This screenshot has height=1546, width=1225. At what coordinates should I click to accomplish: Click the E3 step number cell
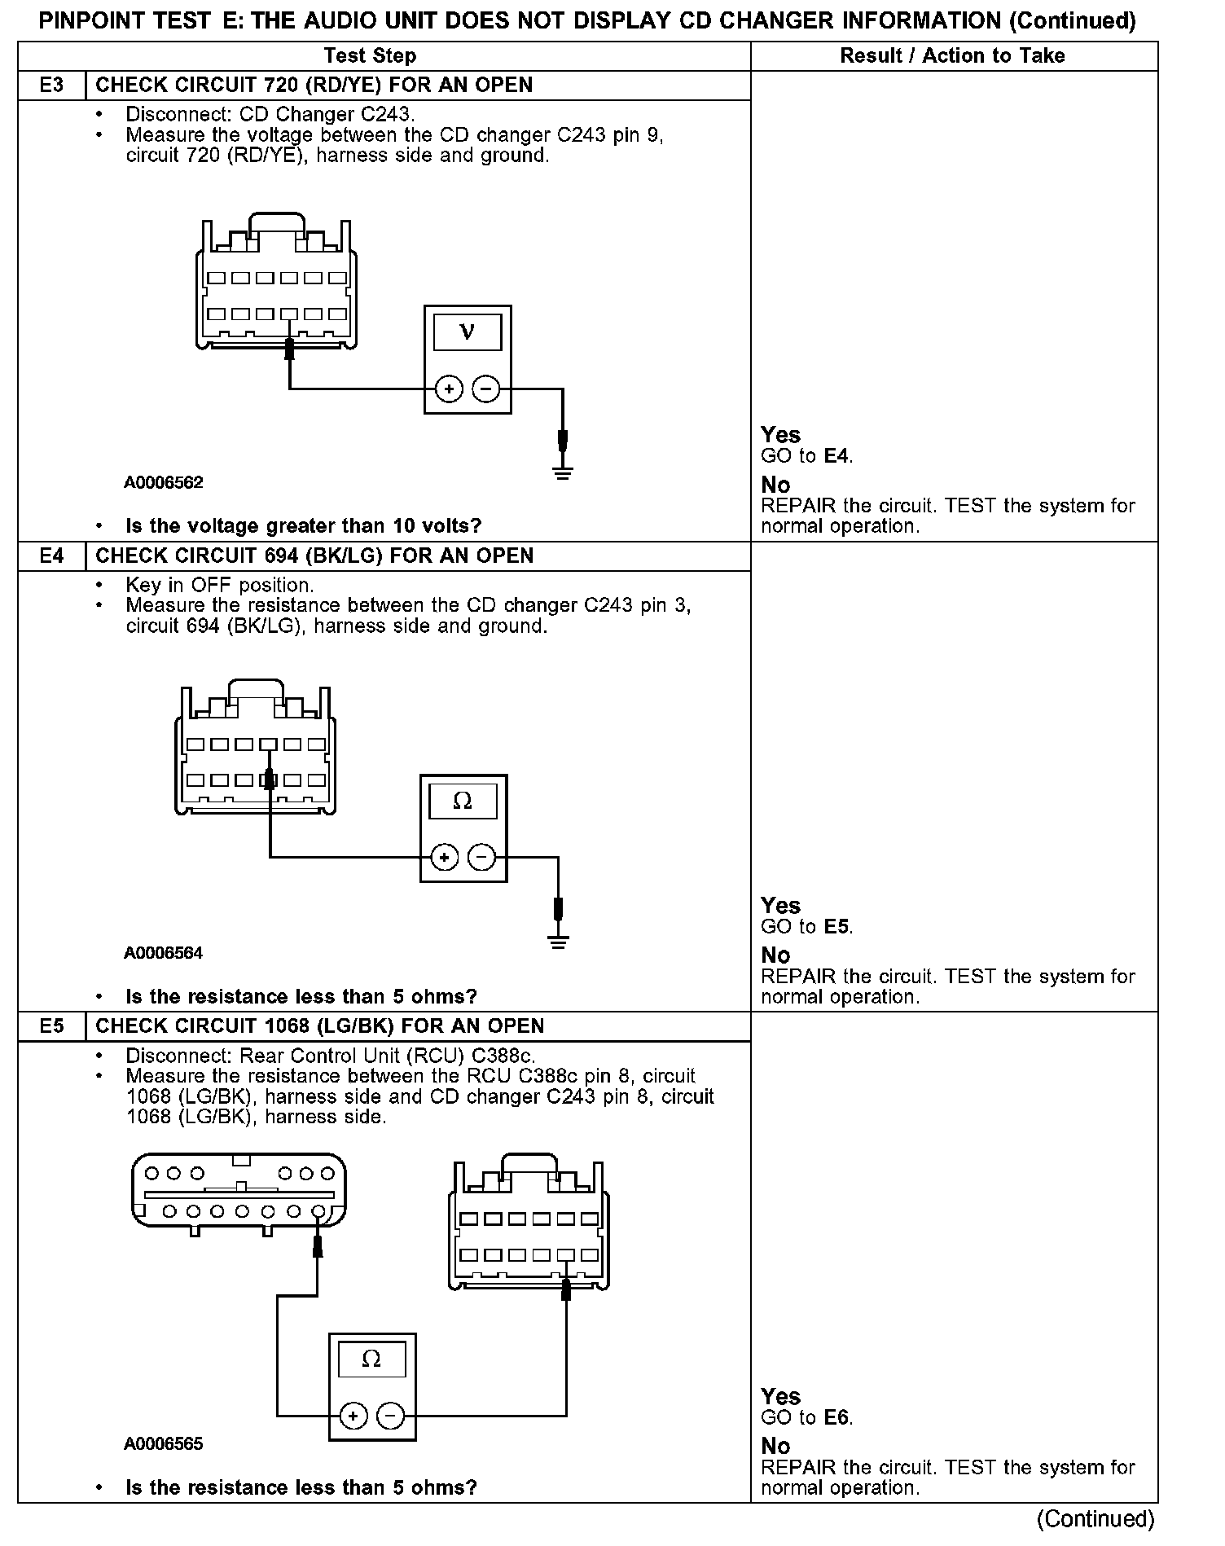pyautogui.click(x=51, y=86)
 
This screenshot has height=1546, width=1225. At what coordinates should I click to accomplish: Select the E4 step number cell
pyautogui.click(x=51, y=556)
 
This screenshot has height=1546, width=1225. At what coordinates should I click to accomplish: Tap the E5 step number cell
pyautogui.click(x=51, y=1026)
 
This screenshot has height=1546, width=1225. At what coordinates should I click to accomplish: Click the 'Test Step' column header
pyautogui.click(x=370, y=56)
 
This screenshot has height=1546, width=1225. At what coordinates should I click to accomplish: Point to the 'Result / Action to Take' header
pyautogui.click(x=952, y=56)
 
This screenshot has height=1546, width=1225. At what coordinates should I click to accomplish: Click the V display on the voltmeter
pyautogui.click(x=468, y=332)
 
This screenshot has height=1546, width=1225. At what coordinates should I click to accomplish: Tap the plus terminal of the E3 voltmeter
pyautogui.click(x=449, y=389)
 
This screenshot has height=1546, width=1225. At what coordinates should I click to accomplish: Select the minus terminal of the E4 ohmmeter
pyautogui.click(x=482, y=858)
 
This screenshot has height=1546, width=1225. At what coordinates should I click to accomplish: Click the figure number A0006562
pyautogui.click(x=164, y=482)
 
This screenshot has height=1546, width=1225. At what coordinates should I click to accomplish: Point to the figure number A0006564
pyautogui.click(x=164, y=953)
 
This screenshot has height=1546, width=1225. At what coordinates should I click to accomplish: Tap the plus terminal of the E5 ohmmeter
pyautogui.click(x=353, y=1416)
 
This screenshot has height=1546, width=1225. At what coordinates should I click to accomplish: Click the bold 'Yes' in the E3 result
pyautogui.click(x=780, y=435)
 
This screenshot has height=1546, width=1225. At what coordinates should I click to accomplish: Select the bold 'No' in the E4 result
pyautogui.click(x=775, y=955)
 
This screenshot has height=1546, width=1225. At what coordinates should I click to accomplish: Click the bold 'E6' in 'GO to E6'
pyautogui.click(x=837, y=1418)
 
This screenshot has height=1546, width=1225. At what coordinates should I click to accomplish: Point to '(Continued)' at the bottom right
pyautogui.click(x=1095, y=1519)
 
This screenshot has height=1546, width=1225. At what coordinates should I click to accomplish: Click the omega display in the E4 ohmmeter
pyautogui.click(x=463, y=802)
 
